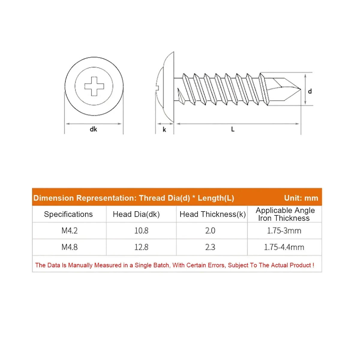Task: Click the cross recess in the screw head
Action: [x=94, y=86]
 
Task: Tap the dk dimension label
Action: [x=93, y=129]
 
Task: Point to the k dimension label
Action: [x=164, y=130]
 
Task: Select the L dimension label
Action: [x=233, y=129]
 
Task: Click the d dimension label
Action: [x=310, y=91]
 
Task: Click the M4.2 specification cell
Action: [x=70, y=231]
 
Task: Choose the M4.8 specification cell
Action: [x=70, y=247]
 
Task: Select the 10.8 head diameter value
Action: [x=141, y=231]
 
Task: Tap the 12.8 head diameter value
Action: [x=141, y=247]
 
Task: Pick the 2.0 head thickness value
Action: [x=210, y=231]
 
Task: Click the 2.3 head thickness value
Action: [x=210, y=247]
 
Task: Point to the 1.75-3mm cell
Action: [x=284, y=231]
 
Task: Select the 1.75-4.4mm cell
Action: [x=284, y=247]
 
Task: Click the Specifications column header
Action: [x=68, y=214]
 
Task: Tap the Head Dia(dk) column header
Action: [x=136, y=214]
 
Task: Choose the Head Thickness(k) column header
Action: [x=212, y=214]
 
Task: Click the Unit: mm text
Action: [x=301, y=198]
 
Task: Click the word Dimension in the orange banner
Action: [x=54, y=198]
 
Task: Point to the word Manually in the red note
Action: [x=80, y=265]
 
